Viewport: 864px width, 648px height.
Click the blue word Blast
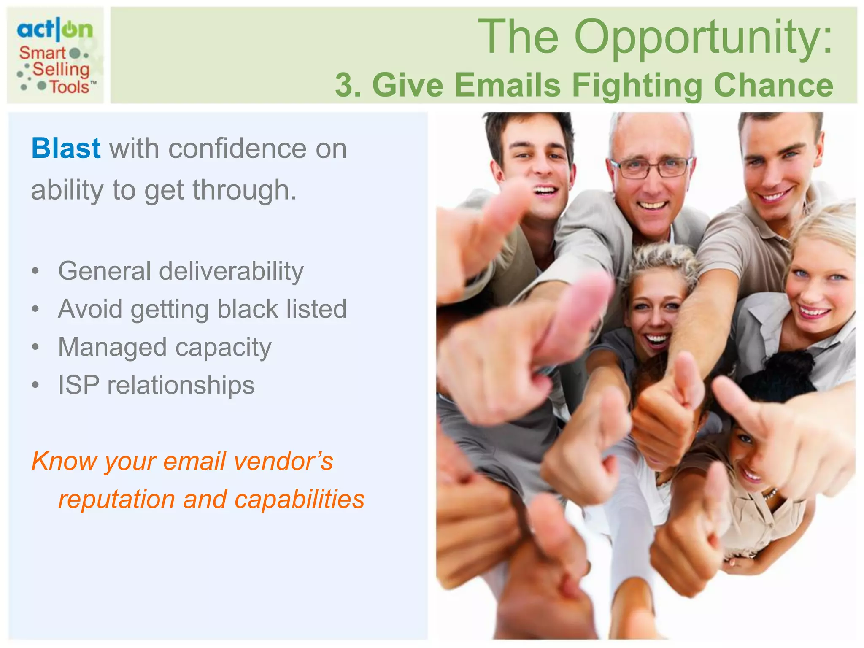[x=66, y=148]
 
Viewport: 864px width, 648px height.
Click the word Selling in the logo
[x=61, y=70]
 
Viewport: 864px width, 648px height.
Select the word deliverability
[x=231, y=271]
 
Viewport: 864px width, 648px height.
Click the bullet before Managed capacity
[x=36, y=347]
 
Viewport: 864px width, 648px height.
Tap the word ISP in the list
[x=79, y=385]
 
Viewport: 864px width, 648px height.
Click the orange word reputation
[x=116, y=499]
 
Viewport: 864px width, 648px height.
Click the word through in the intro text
[x=245, y=190]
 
